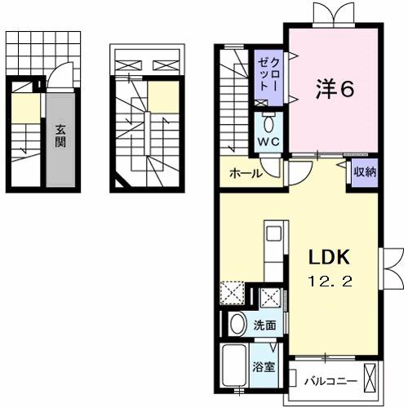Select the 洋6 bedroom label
[334, 90]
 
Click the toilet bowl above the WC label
[269, 125]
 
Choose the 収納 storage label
[365, 171]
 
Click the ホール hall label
[245, 174]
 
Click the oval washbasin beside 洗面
[238, 325]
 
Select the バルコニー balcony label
[330, 379]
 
